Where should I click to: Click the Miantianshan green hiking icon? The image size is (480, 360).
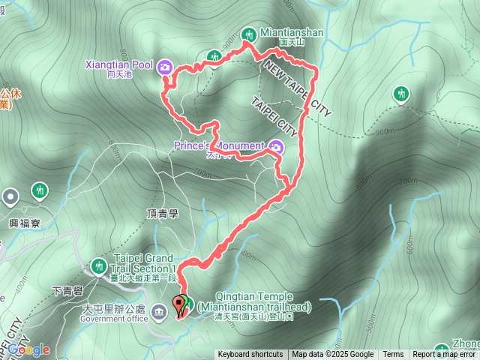point(249,33)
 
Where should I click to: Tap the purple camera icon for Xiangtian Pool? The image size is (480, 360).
point(165,67)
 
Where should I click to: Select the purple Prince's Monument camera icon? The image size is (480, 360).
point(276,146)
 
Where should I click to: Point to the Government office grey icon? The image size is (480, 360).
point(159,311)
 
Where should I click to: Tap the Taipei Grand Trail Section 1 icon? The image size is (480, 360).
point(98,266)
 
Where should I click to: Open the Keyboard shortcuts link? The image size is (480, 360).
point(250,355)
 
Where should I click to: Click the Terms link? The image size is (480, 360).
point(393,355)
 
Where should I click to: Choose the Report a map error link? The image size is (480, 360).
point(445,355)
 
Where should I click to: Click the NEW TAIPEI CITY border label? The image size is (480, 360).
point(295,88)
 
